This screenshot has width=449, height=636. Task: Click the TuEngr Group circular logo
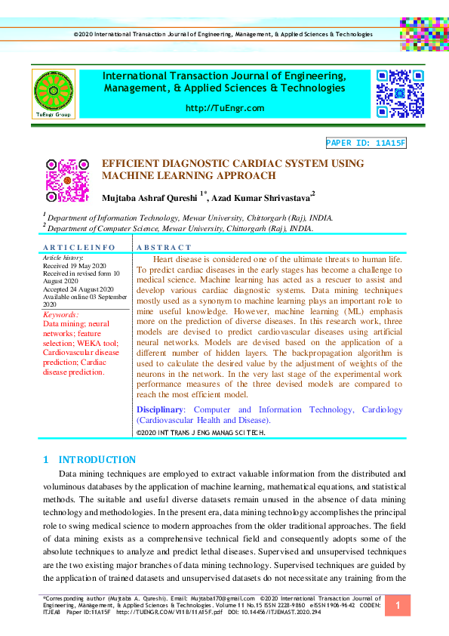tap(53, 93)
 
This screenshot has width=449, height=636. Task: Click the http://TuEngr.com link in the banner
tap(224, 108)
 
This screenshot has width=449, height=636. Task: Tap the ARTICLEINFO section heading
tap(79, 248)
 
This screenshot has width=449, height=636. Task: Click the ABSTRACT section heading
tap(164, 248)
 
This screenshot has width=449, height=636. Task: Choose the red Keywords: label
tap(61, 314)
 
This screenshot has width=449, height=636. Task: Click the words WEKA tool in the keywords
tap(63, 342)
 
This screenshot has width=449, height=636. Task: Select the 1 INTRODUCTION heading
tap(90, 459)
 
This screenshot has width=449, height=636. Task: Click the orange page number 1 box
tap(397, 606)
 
